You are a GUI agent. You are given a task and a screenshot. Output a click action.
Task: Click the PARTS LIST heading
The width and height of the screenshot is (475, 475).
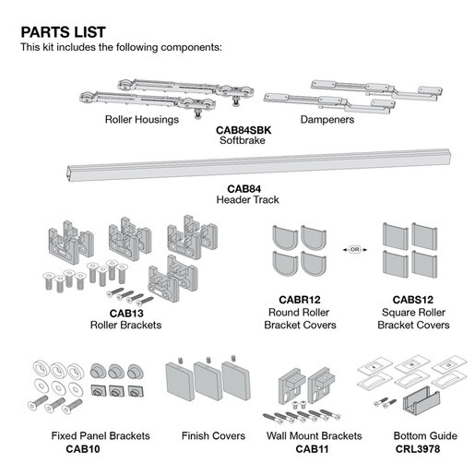pyautogui.click(x=64, y=32)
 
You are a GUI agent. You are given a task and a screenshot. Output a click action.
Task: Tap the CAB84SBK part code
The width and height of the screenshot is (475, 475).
pyautogui.click(x=243, y=130)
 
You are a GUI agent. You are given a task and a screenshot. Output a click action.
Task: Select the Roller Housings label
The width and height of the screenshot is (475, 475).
pyautogui.click(x=142, y=119)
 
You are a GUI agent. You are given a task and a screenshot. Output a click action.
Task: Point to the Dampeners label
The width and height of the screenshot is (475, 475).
pyautogui.click(x=327, y=119)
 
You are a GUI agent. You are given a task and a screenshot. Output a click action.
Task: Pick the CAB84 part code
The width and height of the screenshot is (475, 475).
pyautogui.click(x=244, y=189)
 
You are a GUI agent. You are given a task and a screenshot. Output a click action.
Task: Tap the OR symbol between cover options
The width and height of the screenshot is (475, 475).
pyautogui.click(x=354, y=250)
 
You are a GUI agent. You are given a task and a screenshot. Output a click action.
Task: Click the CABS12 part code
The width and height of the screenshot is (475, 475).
pyautogui.click(x=413, y=300)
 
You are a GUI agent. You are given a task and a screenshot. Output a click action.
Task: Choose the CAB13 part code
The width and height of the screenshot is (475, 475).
pyautogui.click(x=126, y=313)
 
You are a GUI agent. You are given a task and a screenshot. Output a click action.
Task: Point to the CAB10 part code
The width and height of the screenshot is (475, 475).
pyautogui.click(x=83, y=449)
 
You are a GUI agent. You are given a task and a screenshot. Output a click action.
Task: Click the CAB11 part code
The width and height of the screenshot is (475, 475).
pyautogui.click(x=312, y=449)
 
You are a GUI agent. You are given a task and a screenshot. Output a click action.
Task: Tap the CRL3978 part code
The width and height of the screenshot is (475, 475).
pyautogui.click(x=418, y=449)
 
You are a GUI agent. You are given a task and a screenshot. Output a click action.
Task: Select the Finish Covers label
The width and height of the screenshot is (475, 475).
pyautogui.click(x=213, y=435)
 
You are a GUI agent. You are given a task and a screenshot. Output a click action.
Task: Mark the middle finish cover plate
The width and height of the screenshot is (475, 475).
pyautogui.click(x=208, y=380)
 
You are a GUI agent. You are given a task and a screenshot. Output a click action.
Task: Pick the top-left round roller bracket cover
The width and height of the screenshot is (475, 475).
pyautogui.click(x=285, y=238)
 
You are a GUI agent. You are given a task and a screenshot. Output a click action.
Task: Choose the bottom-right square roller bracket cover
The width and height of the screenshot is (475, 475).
pyautogui.click(x=424, y=264)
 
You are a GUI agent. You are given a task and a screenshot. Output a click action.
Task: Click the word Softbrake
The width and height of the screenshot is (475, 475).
pyautogui.click(x=243, y=140)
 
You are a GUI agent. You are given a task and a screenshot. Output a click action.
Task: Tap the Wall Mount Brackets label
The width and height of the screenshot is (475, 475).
pyautogui.click(x=314, y=435)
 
